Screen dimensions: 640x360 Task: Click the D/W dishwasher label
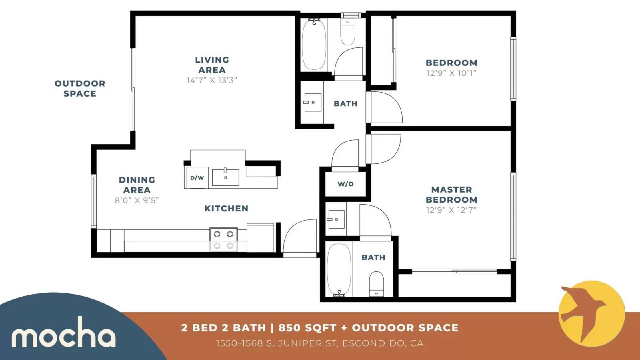tap(197, 178)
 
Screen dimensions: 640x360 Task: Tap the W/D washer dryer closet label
tap(346, 184)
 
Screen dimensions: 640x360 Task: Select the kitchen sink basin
tap(226, 177)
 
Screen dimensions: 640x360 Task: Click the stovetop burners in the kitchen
tap(224, 240)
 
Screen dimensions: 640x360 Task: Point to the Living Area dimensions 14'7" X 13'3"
tap(212, 80)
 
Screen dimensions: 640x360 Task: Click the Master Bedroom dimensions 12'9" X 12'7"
tap(452, 210)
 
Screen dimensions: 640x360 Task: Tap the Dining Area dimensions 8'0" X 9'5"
tap(137, 200)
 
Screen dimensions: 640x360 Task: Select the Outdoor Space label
tap(80, 88)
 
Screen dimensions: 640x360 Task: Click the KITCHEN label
tap(226, 208)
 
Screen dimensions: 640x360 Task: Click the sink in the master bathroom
tap(336, 220)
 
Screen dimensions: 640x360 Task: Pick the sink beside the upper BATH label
tap(312, 102)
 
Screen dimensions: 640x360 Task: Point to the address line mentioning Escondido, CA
tap(320, 343)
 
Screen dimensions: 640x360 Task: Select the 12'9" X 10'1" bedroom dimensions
tap(452, 73)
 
